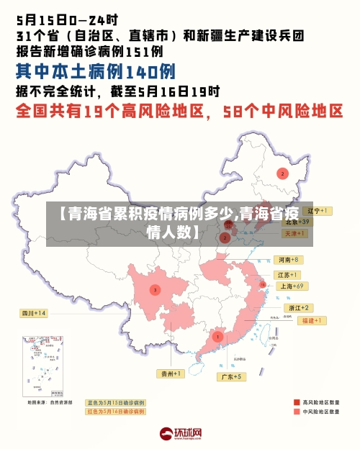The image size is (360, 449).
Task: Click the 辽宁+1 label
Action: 318,211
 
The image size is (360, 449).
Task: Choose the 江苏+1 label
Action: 288,275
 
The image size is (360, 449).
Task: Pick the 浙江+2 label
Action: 297,308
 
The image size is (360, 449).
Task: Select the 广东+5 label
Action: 233,376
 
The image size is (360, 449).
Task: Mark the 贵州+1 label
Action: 171,373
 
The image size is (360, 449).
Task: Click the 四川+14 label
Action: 33,313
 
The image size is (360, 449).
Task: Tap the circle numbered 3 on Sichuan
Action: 154,289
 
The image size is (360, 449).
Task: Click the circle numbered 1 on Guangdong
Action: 217,336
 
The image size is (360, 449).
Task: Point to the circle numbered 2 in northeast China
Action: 282,173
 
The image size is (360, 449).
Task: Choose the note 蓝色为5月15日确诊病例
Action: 115,402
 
